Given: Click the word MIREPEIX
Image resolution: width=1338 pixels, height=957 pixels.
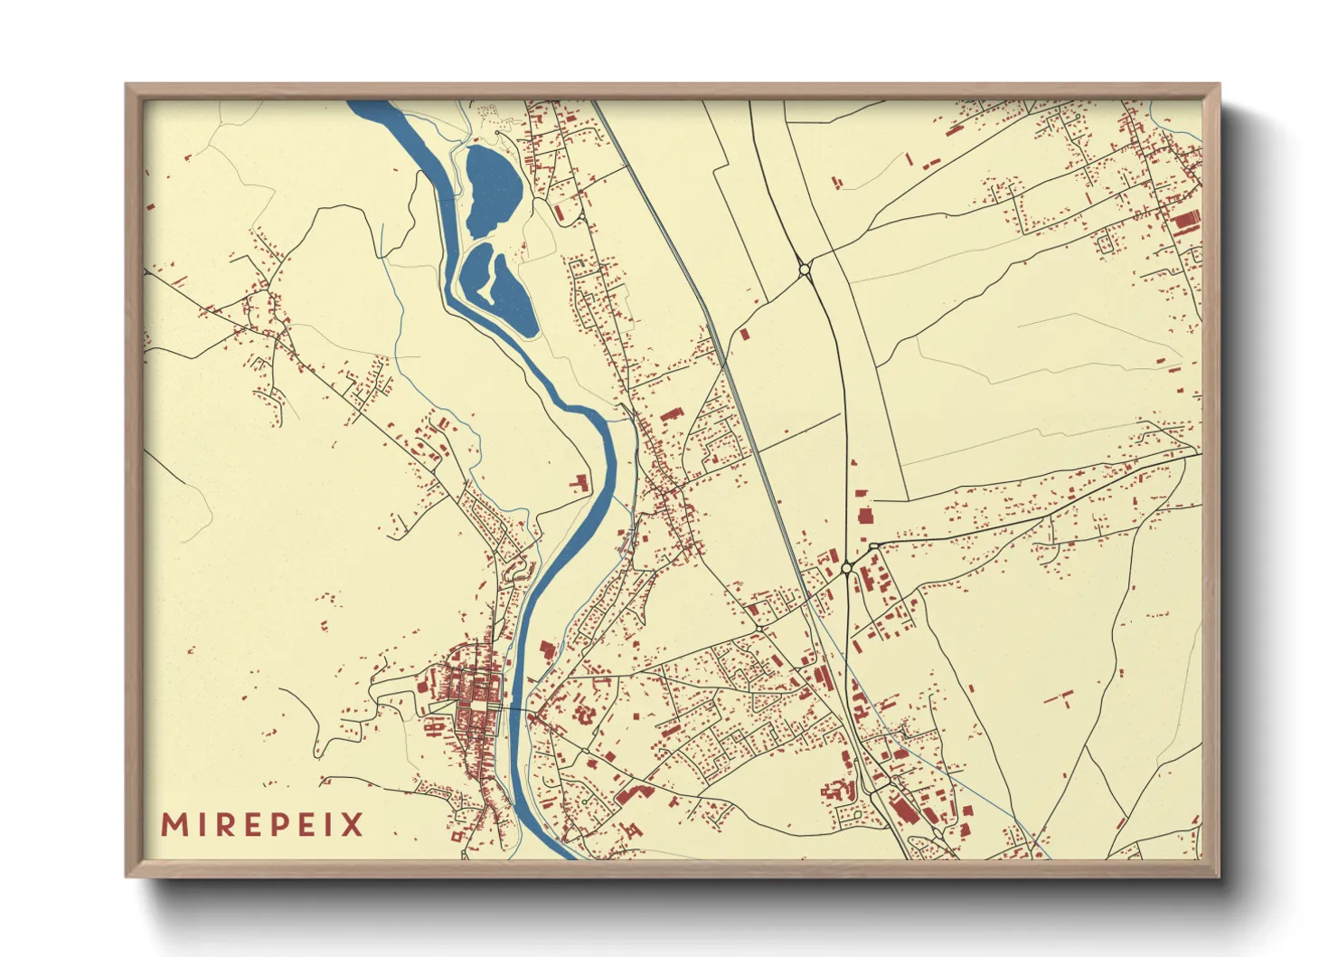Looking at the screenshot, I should (262, 825).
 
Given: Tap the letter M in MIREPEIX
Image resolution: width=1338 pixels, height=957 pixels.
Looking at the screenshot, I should (174, 825).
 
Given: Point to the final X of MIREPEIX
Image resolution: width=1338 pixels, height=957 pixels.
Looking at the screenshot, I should (352, 825).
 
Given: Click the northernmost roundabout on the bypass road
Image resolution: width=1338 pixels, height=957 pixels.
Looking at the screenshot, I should (805, 270).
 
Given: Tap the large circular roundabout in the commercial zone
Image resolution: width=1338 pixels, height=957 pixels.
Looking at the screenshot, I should (846, 568).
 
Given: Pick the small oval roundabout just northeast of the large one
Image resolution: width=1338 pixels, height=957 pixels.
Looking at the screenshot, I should (873, 546).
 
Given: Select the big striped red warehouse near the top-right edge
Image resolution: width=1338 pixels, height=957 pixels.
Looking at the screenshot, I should (1185, 221).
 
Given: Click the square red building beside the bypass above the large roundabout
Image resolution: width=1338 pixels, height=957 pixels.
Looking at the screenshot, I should (864, 516).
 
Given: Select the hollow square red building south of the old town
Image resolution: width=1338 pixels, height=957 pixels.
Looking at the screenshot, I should (457, 837).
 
